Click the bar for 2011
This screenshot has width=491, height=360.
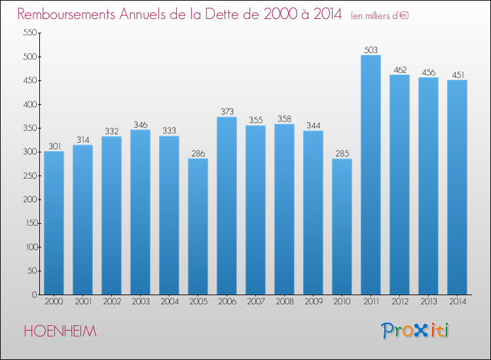click(371, 175)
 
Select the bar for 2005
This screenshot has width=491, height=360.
click(198, 226)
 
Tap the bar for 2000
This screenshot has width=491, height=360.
click(54, 223)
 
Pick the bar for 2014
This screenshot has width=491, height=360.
click(457, 187)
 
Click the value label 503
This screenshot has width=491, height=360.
click(371, 50)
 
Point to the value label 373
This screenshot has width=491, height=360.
click(227, 112)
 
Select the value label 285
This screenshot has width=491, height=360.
click(342, 154)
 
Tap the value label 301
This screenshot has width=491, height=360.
click(54, 147)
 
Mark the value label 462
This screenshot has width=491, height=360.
click(400, 70)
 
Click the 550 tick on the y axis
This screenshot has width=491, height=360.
click(30, 33)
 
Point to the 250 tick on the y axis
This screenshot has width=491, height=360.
click(30, 175)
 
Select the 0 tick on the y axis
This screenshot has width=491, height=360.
click(35, 295)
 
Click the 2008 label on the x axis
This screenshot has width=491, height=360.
click(285, 302)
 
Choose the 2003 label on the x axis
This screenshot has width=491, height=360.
click(141, 302)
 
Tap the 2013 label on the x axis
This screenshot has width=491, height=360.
click(429, 302)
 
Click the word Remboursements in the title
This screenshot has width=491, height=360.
click(66, 14)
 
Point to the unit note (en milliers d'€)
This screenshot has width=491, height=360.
click(380, 16)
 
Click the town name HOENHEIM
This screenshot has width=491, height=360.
click(60, 331)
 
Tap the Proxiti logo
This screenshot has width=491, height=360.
click(415, 331)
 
